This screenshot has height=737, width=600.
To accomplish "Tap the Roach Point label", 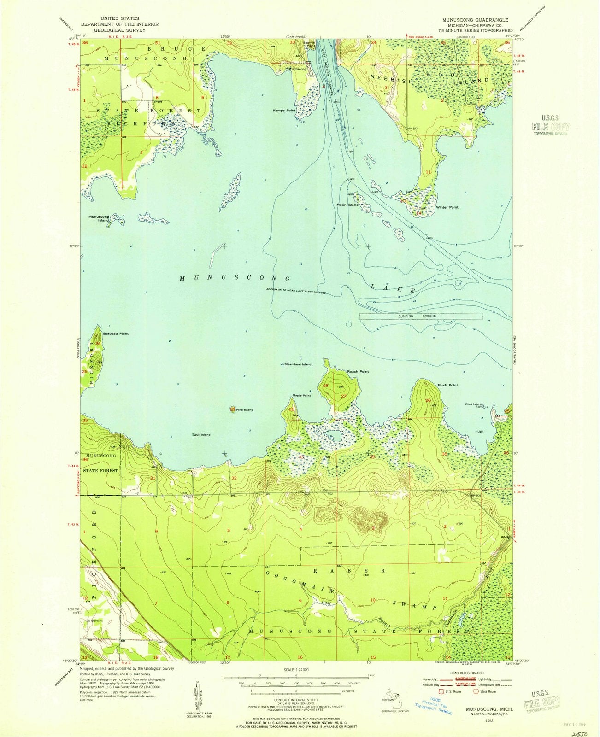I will pyautogui.click(x=358, y=371).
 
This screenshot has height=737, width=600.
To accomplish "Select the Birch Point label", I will pyautogui.click(x=447, y=385).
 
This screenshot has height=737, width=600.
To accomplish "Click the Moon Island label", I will pyautogui.click(x=347, y=205).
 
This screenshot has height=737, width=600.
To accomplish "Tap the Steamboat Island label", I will pyautogui.click(x=298, y=364).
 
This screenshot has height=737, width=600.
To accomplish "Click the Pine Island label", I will pyautogui.click(x=245, y=409).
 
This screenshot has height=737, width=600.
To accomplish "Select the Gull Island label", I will pyautogui.click(x=201, y=435).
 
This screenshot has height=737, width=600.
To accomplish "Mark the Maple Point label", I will pyautogui.click(x=301, y=396).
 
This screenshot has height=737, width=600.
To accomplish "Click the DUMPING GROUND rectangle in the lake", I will pyautogui.click(x=421, y=316).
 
